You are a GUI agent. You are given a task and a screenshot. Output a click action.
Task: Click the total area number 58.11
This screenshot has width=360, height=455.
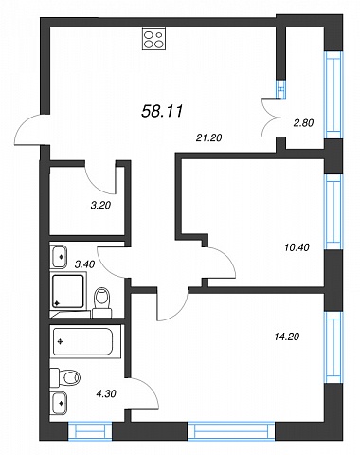point(162,111)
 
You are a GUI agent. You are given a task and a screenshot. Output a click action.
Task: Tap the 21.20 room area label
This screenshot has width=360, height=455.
point(208,137)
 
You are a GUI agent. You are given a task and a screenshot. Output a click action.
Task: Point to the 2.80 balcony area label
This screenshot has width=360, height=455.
point(303,123)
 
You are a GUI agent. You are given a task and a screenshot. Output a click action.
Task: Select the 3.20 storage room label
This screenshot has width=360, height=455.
point(100,206)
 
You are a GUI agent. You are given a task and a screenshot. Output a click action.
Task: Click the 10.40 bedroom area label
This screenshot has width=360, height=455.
point(297,247)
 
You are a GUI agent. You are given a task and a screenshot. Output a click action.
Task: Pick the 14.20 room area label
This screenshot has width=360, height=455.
point(287,337)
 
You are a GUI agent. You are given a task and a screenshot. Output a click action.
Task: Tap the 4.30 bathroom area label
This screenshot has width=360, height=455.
point(106,393)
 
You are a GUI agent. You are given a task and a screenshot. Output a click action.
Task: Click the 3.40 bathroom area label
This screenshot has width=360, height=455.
point(84,264)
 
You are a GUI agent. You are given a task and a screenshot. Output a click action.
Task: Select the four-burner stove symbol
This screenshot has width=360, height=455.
point(153,39)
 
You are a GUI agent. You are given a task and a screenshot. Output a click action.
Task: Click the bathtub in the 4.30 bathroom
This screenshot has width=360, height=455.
point(85,341)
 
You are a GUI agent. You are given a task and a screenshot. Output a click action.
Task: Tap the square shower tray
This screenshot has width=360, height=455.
point(68,291)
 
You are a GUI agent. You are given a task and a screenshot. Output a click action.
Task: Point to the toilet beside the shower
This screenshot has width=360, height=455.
point(101,302)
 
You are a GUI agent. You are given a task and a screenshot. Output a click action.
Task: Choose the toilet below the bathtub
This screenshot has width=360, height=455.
point(65,377)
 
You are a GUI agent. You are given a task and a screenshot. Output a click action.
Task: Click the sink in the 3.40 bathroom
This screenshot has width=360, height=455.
point(58,257)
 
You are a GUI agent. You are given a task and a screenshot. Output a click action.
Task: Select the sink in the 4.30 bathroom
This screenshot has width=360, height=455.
point(58,403)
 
